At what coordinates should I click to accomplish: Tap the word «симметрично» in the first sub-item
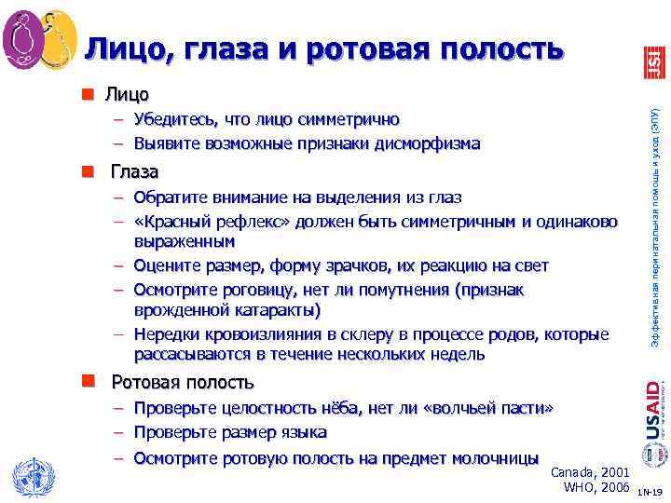(x=349, y=120)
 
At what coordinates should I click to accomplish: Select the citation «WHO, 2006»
(x=597, y=488)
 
